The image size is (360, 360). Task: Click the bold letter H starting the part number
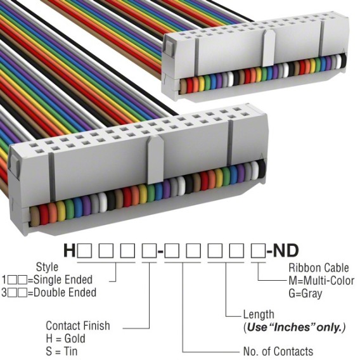click(x=69, y=250)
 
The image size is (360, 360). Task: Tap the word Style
click(x=47, y=267)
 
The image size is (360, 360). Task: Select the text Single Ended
click(x=63, y=280)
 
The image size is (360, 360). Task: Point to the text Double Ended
click(x=65, y=293)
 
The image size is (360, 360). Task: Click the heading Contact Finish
click(x=78, y=326)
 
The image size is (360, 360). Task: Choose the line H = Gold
click(x=65, y=338)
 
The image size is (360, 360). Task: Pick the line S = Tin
click(x=61, y=351)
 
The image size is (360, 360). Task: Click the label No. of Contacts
click(x=278, y=351)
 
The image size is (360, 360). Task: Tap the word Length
click(x=259, y=314)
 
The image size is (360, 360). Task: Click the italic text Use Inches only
click(x=295, y=327)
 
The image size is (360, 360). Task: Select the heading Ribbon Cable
click(x=319, y=267)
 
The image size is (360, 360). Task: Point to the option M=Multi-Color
click(x=321, y=281)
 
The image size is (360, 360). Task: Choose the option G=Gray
click(x=305, y=293)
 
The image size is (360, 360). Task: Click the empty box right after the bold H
click(x=85, y=250)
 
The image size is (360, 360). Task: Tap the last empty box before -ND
click(x=259, y=250)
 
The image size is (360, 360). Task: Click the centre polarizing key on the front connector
click(x=155, y=160)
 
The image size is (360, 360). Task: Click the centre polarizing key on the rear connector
click(x=269, y=48)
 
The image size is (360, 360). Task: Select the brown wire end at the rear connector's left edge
click(x=183, y=86)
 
